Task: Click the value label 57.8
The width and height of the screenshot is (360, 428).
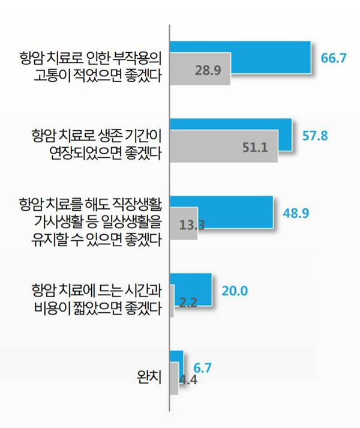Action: coord(314,135)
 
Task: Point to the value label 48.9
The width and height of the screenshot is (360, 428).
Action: coord(296,213)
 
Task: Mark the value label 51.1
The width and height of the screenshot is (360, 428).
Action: coord(255,147)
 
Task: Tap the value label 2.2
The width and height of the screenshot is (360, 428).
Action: coord(188,303)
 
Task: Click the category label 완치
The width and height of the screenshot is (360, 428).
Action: coord(148,378)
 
